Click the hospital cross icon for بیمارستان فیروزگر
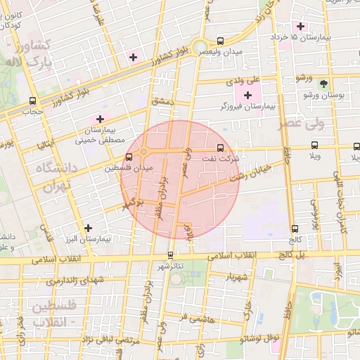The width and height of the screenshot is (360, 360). (x=247, y=94)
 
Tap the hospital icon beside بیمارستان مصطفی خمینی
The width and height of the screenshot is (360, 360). (x=100, y=119)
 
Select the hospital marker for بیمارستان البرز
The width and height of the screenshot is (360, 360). (x=88, y=228)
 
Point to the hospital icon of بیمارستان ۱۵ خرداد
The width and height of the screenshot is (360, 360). (x=300, y=26)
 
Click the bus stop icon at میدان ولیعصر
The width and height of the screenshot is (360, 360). (x=221, y=40)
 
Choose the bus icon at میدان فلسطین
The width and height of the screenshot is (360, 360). (x=128, y=157)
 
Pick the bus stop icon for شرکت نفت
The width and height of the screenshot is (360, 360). (x=221, y=148)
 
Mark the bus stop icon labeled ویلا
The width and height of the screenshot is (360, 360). (x=314, y=146)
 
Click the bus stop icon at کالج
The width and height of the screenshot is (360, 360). (x=294, y=228)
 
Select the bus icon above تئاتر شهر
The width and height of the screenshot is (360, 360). (x=169, y=255)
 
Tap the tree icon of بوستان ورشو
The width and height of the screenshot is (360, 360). (x=324, y=83)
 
